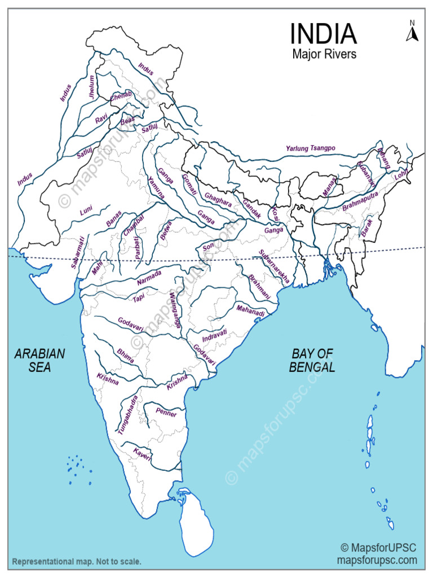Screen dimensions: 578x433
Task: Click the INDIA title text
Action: pos(324,34)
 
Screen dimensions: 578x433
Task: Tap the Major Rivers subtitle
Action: pos(324,55)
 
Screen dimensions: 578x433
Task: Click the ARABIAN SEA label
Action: pos(39,360)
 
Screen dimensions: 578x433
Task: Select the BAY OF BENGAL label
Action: pos(312,360)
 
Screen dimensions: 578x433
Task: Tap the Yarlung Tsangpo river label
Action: pos(310,148)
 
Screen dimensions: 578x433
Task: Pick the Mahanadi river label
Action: pos(250,310)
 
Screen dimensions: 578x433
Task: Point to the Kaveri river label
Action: pos(142,453)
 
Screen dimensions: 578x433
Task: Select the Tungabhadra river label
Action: pos(127,414)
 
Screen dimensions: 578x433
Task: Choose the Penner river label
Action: pos(166,414)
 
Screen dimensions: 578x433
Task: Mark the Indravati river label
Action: pos(214,336)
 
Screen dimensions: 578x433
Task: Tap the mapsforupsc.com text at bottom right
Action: pos(377,561)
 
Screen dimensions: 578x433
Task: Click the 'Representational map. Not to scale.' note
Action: pos(77,562)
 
